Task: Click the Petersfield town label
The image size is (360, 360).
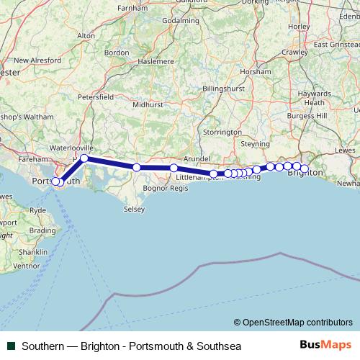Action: (x=96, y=96)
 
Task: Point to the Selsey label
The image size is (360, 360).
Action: (x=134, y=210)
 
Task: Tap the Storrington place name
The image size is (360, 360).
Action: (x=222, y=132)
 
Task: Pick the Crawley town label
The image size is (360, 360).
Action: (x=295, y=53)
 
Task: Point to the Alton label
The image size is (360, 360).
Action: (x=86, y=35)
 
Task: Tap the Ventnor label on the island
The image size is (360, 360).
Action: (x=27, y=266)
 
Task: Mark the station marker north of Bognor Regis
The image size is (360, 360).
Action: (x=137, y=168)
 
